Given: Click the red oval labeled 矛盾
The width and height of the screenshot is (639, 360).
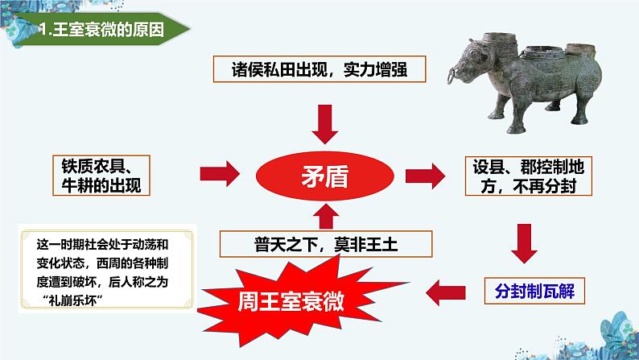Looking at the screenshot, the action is pos(325,176).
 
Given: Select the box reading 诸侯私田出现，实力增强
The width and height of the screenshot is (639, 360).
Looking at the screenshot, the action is pos(319,69).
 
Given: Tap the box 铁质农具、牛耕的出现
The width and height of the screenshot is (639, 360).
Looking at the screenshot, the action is pos(101,176).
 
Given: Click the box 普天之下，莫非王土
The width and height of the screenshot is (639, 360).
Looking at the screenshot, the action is pos(326,244).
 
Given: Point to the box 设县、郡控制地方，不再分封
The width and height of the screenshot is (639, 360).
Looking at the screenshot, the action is pos(528,176).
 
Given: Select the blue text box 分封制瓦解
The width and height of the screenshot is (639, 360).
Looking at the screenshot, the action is pos(534,291).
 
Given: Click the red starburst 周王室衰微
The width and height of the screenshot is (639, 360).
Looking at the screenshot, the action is pos(291,302).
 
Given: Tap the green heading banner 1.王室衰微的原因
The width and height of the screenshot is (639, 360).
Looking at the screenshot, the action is pos(102,29).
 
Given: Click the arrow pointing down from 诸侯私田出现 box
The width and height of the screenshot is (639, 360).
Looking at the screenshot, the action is pos(325,124).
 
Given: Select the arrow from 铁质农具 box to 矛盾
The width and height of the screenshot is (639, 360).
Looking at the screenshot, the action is pos(220,174).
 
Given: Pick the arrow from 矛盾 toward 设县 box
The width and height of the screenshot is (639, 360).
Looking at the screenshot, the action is pos(425,176).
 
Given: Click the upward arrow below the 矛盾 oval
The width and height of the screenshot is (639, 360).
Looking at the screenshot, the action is pos(326,217).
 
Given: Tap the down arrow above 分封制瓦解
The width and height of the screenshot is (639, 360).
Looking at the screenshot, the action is pos(525,243).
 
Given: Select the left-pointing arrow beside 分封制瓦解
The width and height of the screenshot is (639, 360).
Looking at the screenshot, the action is pos(445,292).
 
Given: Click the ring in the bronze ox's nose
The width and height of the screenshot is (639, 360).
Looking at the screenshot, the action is pos(452,76).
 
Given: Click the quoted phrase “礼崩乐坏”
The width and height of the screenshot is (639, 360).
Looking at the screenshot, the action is pos(72,300).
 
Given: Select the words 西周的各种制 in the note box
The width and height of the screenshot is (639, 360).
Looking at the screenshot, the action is pos(133,263).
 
